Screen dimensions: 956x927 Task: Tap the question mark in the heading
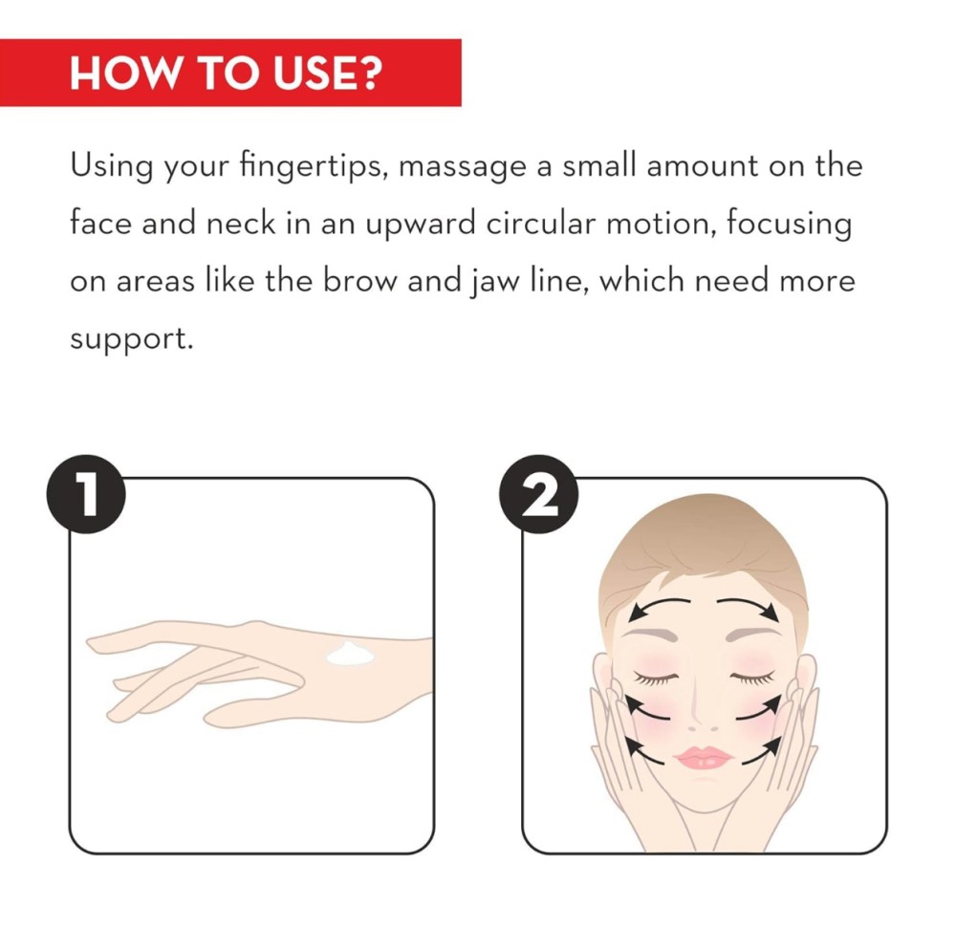(369, 74)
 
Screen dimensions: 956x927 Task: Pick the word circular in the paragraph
(540, 223)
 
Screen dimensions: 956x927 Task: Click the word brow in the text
(359, 281)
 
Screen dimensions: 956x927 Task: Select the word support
(131, 339)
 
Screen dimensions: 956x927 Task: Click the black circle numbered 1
(86, 494)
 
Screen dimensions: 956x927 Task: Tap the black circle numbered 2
(539, 494)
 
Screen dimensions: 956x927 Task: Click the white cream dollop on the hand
(350, 654)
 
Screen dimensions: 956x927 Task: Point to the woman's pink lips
(703, 758)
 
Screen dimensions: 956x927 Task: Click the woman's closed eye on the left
(656, 678)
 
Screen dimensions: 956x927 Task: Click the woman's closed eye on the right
(753, 677)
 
